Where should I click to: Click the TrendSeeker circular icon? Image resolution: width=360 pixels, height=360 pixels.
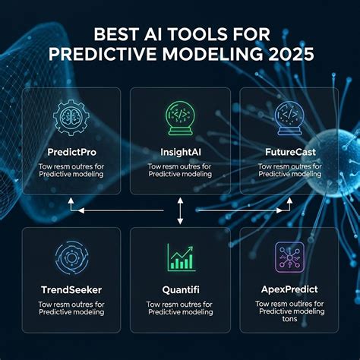71,259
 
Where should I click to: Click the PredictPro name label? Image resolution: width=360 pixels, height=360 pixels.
71,152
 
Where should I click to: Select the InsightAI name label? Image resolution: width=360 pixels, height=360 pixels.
180,152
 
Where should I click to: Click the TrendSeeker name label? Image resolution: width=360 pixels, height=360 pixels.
71,289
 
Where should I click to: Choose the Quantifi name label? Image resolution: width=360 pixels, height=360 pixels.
180,289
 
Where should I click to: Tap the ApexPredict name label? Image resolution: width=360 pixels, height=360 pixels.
289,289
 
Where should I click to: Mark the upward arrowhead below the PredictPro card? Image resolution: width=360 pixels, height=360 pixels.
71,202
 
